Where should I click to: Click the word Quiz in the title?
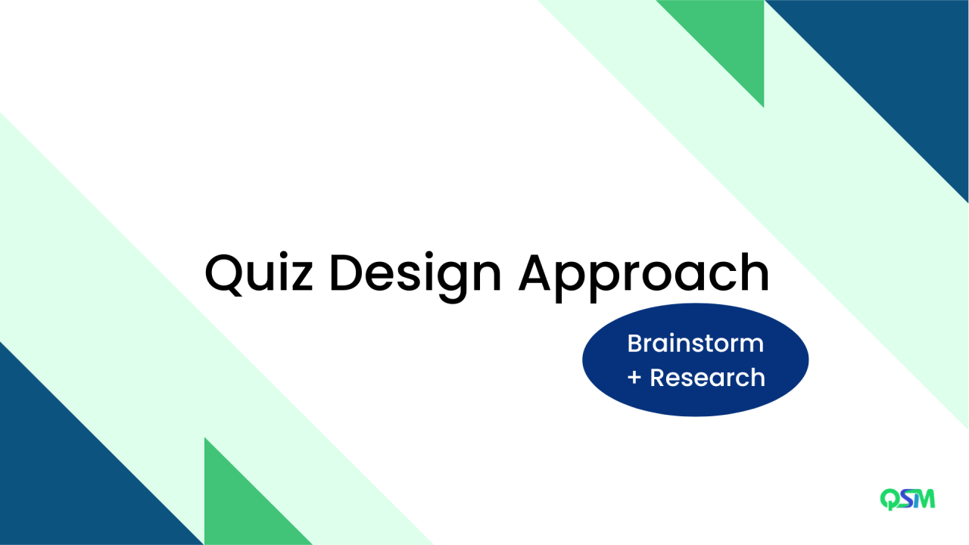[x=258, y=273]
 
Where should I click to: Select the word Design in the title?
[x=415, y=273]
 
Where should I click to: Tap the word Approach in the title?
[x=643, y=273]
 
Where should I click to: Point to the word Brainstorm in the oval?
[x=695, y=344]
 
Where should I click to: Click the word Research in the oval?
[x=707, y=377]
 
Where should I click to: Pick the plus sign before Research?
[x=634, y=378]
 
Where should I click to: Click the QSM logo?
[x=907, y=499]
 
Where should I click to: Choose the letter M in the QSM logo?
[x=924, y=499]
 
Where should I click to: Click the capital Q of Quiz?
[x=225, y=273]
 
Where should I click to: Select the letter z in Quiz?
[x=300, y=277]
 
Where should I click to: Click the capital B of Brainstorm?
[x=634, y=344]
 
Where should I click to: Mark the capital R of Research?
[x=658, y=377]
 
